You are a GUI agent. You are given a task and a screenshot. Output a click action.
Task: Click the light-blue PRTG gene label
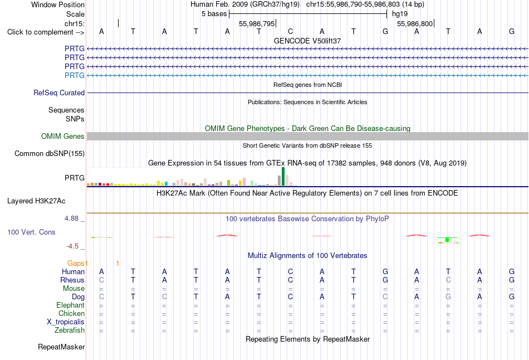click(x=74, y=75)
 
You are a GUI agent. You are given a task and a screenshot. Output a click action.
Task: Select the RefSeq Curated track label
click(x=58, y=93)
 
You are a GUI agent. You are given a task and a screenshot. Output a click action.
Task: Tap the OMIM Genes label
click(x=62, y=136)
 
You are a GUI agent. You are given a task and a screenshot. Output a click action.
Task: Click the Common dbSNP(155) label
click(x=49, y=153)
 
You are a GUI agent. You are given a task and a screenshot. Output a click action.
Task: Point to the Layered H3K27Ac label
click(x=36, y=201)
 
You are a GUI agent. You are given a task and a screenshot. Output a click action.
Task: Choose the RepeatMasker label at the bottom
click(x=61, y=347)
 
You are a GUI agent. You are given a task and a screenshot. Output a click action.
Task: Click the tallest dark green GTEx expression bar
click(x=283, y=176)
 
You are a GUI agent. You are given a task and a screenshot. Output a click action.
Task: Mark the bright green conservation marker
click(x=447, y=240)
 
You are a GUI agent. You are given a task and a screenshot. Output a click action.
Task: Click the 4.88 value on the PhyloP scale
click(x=71, y=218)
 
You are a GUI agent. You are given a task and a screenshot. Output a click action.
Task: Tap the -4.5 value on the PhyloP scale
click(x=72, y=246)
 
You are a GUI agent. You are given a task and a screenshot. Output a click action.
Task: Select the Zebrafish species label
click(x=70, y=330)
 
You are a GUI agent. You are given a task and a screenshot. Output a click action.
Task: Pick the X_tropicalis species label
click(x=66, y=322)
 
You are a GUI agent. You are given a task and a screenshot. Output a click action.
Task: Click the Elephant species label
click(x=70, y=305)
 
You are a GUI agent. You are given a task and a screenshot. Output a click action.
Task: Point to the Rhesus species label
click(x=72, y=280)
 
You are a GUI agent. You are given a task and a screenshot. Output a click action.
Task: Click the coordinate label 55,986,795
click(x=257, y=23)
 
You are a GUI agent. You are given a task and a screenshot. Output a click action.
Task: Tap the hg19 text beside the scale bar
click(x=400, y=14)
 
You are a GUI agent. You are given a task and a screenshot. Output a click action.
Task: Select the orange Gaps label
click(x=76, y=263)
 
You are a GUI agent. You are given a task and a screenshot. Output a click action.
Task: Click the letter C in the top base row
click(x=291, y=31)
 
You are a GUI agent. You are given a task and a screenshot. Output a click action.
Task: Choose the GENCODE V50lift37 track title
click(x=307, y=41)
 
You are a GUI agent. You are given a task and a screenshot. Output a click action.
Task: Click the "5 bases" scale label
click(x=214, y=14)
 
